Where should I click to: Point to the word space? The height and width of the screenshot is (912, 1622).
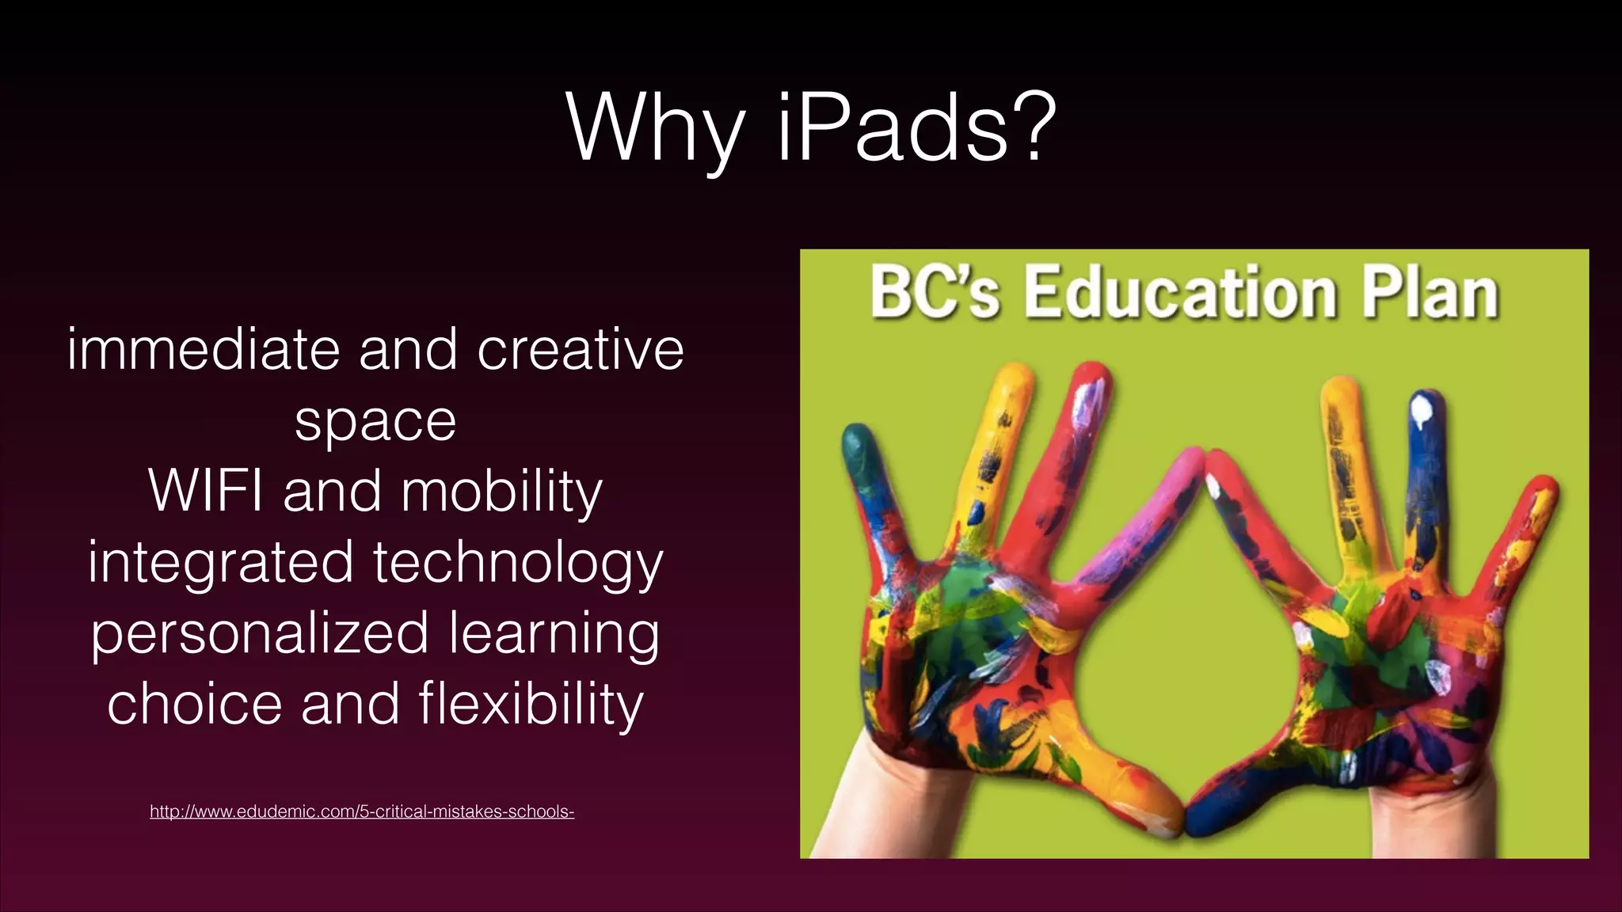(375, 422)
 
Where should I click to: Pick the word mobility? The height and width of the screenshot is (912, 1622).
(502, 492)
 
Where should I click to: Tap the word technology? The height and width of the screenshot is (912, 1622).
(518, 564)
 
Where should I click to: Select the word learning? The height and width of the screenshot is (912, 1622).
(554, 634)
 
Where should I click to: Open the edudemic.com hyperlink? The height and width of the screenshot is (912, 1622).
(362, 811)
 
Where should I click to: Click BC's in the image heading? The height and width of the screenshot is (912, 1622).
(935, 293)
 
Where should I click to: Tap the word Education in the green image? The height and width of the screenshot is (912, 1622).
(1180, 293)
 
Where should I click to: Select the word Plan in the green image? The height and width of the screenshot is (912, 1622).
(1430, 293)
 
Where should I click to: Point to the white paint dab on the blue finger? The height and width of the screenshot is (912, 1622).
(1422, 412)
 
